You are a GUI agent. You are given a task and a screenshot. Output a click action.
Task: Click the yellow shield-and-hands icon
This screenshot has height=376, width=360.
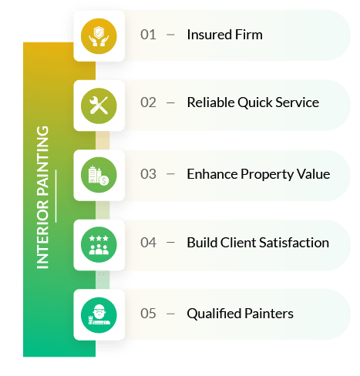[99, 36]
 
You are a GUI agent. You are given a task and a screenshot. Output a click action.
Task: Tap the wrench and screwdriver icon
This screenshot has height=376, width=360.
[99, 106]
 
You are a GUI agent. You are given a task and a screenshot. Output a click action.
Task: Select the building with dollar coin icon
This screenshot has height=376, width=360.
[99, 175]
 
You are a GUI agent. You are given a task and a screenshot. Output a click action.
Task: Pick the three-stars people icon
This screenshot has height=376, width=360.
[99, 244]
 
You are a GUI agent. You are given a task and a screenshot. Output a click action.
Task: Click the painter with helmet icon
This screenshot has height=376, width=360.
[99, 315]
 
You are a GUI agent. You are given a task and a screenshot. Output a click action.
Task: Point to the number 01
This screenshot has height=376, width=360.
[148, 35]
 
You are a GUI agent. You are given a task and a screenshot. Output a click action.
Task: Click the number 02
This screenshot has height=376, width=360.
[148, 102]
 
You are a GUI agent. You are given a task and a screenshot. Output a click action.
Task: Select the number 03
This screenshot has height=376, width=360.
[148, 174]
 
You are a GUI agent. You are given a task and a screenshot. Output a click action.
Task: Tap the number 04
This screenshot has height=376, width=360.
[148, 243]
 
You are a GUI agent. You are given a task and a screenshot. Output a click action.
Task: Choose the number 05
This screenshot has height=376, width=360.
[148, 314]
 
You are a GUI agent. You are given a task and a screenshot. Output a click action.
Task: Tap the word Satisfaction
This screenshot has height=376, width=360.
[294, 243]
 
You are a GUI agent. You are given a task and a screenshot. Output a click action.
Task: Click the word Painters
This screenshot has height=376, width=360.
[269, 314]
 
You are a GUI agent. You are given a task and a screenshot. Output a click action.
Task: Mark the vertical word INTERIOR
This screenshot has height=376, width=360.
[42, 233]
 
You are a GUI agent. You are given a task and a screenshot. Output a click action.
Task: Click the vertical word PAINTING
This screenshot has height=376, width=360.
[42, 160]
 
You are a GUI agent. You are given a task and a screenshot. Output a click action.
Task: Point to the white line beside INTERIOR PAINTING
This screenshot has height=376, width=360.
[56, 196]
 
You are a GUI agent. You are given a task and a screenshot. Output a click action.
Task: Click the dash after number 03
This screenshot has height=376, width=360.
[170, 174]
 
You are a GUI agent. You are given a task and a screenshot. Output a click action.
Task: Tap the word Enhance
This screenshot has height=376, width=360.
[212, 174]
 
